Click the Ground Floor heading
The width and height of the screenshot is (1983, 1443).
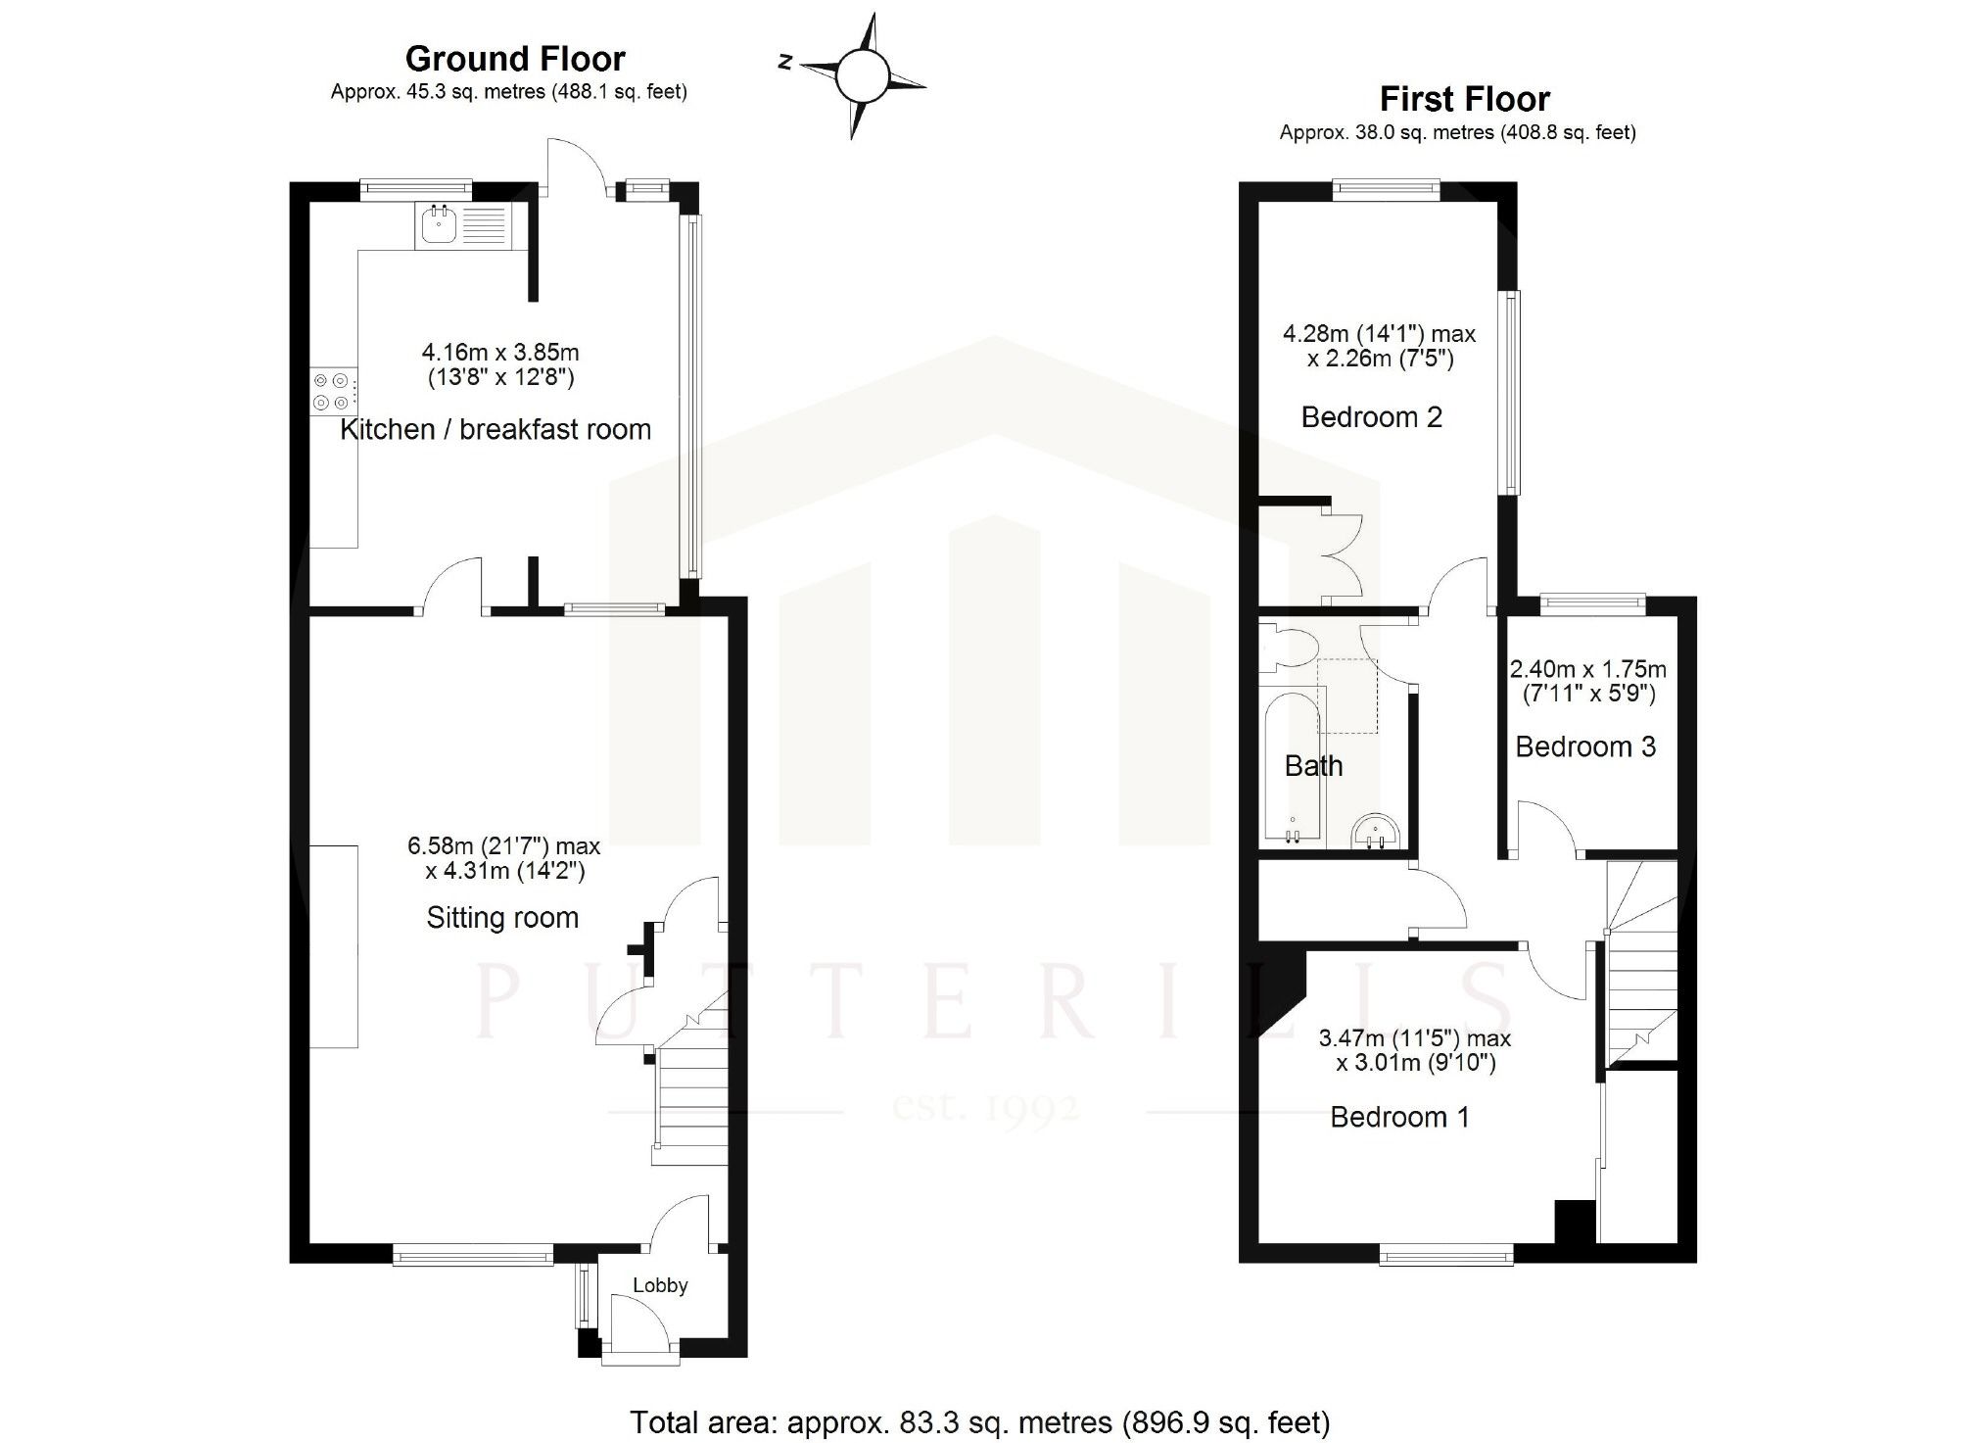pyautogui.click(x=515, y=60)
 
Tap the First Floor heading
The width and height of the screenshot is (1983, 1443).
pyautogui.click(x=1464, y=100)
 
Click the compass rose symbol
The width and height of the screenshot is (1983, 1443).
pyautogui.click(x=863, y=74)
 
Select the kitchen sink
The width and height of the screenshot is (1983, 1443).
pyautogui.click(x=438, y=225)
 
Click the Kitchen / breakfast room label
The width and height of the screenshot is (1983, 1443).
pyautogui.click(x=495, y=430)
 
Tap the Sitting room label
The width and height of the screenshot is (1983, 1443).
pyautogui.click(x=502, y=918)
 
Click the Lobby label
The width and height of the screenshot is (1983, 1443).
pyautogui.click(x=660, y=1285)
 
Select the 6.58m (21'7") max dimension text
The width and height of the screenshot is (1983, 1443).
pyautogui.click(x=503, y=845)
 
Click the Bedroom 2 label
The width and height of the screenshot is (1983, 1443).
pyautogui.click(x=1371, y=417)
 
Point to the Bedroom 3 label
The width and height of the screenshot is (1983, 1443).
pyautogui.click(x=1584, y=747)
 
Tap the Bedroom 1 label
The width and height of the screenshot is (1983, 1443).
pyautogui.click(x=1399, y=1118)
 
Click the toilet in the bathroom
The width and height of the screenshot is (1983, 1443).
pyautogui.click(x=1286, y=649)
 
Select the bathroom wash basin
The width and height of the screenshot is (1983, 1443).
pyautogui.click(x=1377, y=834)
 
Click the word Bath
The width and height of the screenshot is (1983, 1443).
pyautogui.click(x=1313, y=766)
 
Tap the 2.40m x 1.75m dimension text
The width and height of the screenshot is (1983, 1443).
pyautogui.click(x=1587, y=670)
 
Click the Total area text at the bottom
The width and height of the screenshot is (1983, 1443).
pyautogui.click(x=979, y=1422)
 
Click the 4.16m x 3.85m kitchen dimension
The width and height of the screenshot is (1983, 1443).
pyautogui.click(x=500, y=352)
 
